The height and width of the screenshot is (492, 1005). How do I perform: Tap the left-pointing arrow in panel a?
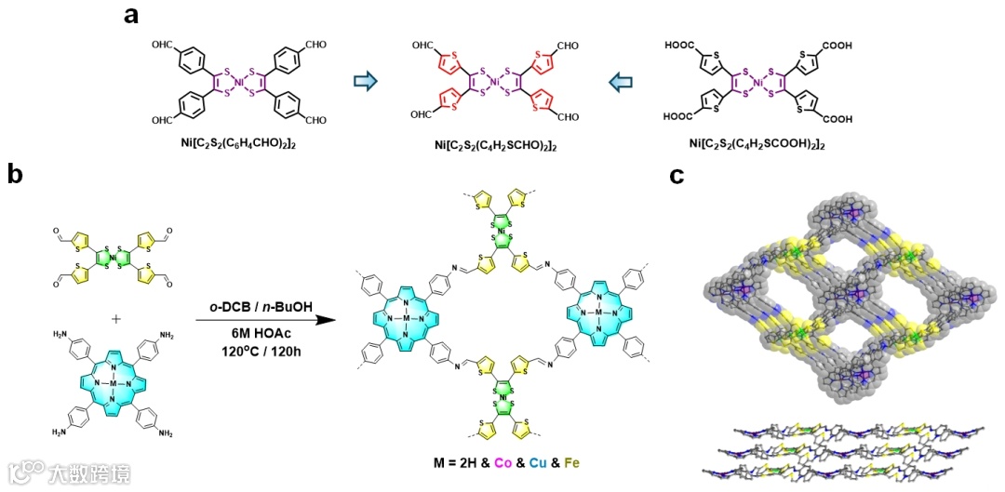[x=620, y=83]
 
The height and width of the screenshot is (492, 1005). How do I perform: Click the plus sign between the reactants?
[x=116, y=319]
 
